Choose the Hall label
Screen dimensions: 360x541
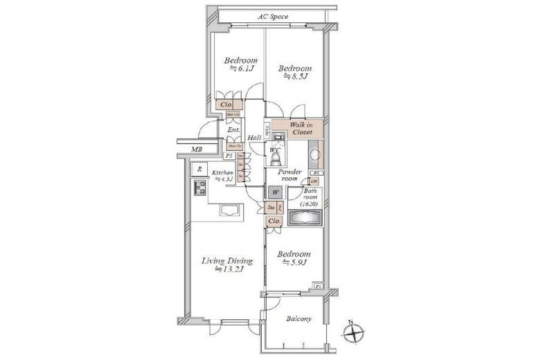click(254, 138)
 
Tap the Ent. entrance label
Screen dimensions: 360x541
click(233, 129)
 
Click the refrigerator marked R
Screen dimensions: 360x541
click(199, 170)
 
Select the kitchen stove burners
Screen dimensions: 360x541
click(200, 188)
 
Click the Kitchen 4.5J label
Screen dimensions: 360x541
click(223, 175)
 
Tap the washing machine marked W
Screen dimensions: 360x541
click(276, 192)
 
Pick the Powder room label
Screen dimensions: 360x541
click(287, 174)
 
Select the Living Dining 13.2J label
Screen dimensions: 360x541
click(227, 264)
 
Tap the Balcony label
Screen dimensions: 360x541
click(298, 319)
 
